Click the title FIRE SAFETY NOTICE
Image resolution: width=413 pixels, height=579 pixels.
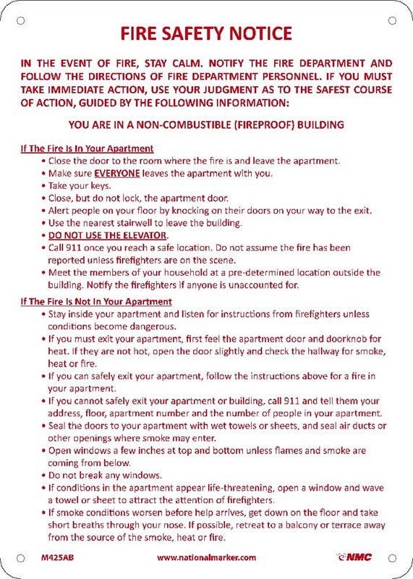(206, 33)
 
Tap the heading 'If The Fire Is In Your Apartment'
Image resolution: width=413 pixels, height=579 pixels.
(87, 148)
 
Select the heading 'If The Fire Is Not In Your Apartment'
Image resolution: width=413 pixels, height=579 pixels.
(95, 301)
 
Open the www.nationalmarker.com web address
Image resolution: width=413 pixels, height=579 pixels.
(206, 557)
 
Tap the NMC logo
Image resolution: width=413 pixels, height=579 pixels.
(354, 557)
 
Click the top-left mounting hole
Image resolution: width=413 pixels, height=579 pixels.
(20, 20)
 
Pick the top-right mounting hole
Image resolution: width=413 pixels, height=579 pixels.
(393, 20)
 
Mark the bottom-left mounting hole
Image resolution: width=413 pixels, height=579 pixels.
(20, 558)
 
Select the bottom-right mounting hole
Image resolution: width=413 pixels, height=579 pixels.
(393, 558)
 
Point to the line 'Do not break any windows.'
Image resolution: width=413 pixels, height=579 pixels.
(105, 476)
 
